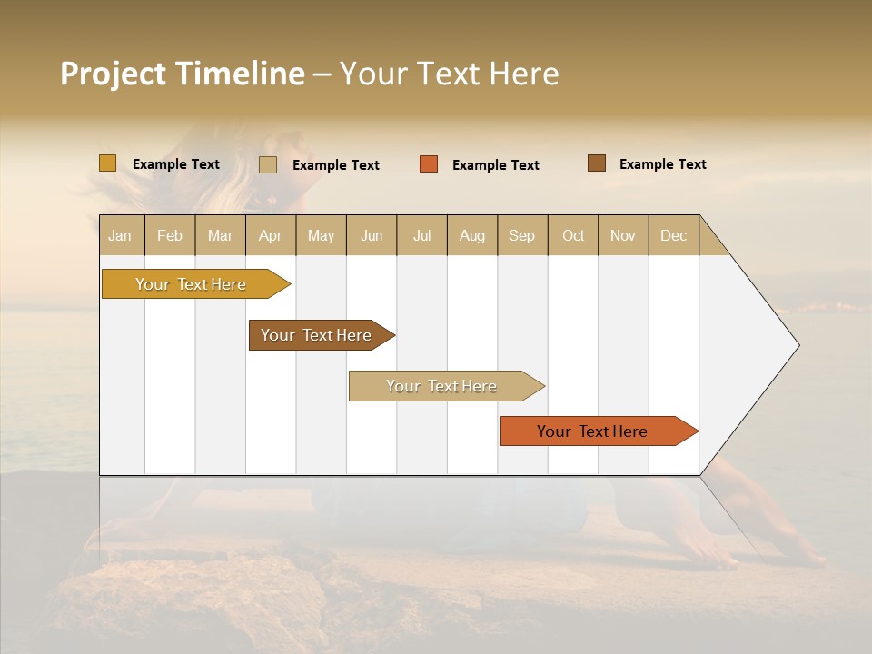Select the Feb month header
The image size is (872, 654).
click(x=170, y=235)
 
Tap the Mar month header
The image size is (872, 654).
click(x=220, y=235)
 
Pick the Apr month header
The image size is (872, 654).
click(x=271, y=235)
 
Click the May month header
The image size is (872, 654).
click(x=321, y=235)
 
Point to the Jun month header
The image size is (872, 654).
click(x=372, y=235)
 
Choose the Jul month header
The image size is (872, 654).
click(x=421, y=235)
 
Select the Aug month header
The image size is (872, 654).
click(x=472, y=235)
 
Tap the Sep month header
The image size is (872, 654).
click(x=522, y=235)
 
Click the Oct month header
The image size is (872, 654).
click(x=573, y=235)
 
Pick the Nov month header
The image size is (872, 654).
click(x=623, y=235)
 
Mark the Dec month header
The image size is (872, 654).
click(x=674, y=235)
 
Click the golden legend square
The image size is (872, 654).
click(x=108, y=163)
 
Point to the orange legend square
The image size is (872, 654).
click(x=429, y=164)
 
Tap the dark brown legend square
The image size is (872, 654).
click(x=597, y=163)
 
